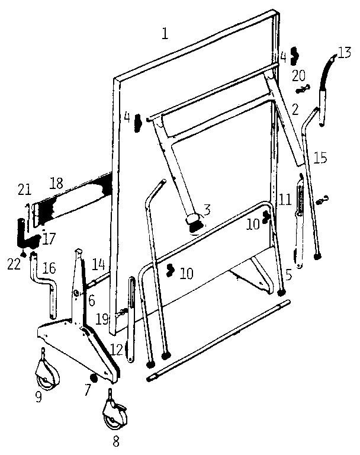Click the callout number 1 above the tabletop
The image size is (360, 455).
click(165, 33)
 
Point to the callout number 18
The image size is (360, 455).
click(56, 184)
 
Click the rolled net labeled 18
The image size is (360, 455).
click(74, 202)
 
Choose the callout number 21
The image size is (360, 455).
click(24, 189)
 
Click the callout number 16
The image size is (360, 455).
click(49, 269)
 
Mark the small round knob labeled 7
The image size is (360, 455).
click(93, 379)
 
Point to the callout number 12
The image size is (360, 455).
click(115, 348)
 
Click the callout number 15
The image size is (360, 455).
click(320, 158)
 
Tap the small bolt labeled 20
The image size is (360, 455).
click(302, 89)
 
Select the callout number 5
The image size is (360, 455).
click(289, 274)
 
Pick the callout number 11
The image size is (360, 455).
click(285, 200)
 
